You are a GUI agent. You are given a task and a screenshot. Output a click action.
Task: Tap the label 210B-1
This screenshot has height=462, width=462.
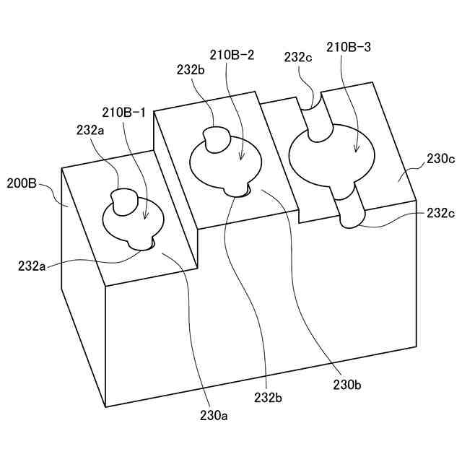tap(123, 113)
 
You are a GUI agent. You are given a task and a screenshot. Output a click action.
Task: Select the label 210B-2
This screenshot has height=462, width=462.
tap(231, 54)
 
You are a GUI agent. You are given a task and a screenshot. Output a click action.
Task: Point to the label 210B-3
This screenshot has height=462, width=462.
tap(350, 48)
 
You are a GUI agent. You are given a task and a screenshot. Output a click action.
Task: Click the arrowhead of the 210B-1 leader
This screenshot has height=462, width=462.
tap(145, 217)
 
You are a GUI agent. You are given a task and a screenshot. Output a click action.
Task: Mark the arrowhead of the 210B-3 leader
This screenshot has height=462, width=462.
tap(355, 151)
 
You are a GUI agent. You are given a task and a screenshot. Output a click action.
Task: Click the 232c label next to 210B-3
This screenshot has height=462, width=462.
tap(299, 57)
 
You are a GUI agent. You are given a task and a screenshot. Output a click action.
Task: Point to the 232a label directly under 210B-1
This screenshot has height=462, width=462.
tap(91, 131)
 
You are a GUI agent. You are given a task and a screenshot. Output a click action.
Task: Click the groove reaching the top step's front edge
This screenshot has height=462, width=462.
tap(350, 209)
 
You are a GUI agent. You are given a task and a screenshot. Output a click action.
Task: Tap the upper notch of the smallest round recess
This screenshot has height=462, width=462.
tap(124, 201)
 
